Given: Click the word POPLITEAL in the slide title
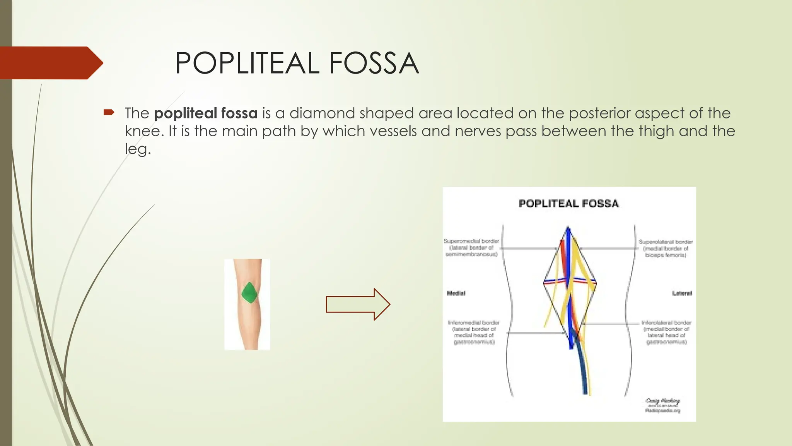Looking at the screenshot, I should coord(247,63).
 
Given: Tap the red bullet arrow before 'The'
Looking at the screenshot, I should coord(109,113).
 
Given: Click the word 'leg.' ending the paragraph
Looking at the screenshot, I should coord(137,149).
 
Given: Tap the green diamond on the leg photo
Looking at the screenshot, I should coord(249,293).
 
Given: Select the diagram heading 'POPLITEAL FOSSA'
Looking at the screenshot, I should coord(568,204).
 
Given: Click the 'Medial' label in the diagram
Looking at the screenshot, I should coord(456,293).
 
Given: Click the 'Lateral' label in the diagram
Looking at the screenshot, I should coord(681,293).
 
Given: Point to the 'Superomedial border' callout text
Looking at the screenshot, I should coord(471,247).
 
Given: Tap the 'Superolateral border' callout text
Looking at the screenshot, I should coord(665,248).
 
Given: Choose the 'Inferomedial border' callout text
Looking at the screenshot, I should coord(474,332).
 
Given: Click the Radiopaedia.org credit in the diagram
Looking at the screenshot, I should coord(662,411).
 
